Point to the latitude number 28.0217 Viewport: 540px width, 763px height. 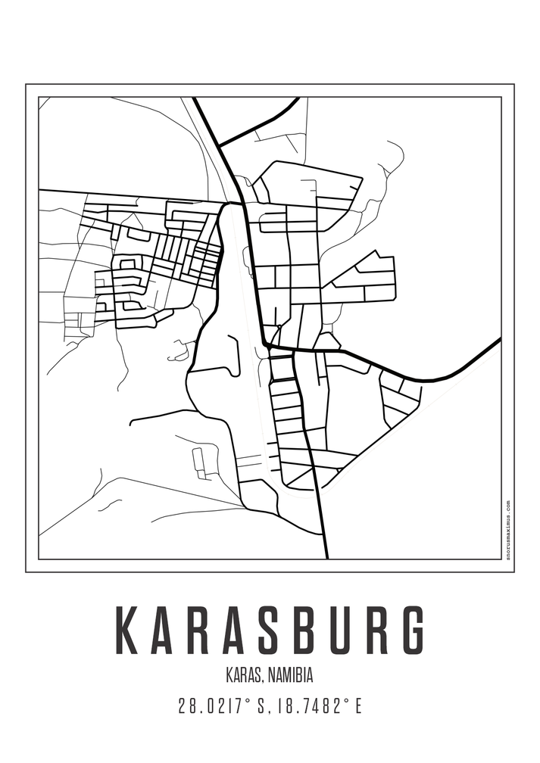[x=212, y=707]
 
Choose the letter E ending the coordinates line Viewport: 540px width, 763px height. [x=357, y=707]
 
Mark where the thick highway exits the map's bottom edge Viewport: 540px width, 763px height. [x=326, y=557]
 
